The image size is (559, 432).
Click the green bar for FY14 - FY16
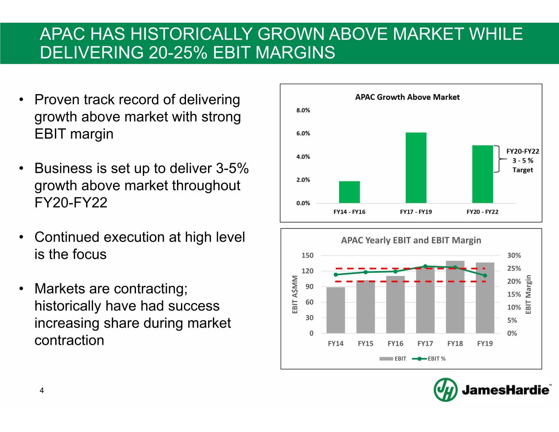pyautogui.click(x=349, y=192)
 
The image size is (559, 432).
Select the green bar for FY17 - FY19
pyautogui.click(x=416, y=168)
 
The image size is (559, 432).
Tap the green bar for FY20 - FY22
pyautogui.click(x=482, y=174)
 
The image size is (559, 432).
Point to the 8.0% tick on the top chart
pyautogui.click(x=303, y=110)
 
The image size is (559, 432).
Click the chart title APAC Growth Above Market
pyautogui.click(x=407, y=97)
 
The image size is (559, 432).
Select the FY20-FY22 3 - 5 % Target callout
pyautogui.click(x=523, y=161)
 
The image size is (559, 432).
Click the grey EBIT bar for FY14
pyautogui.click(x=335, y=310)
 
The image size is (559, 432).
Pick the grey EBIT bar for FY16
pyautogui.click(x=395, y=305)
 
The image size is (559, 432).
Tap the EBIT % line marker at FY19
pyautogui.click(x=485, y=276)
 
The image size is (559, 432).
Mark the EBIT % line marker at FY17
pyautogui.click(x=425, y=267)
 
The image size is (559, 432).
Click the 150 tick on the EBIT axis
pyautogui.click(x=307, y=256)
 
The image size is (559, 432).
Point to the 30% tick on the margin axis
pyautogui.click(x=514, y=256)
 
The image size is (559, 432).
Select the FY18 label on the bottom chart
pyautogui.click(x=455, y=344)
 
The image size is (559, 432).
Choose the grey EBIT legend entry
pyautogui.click(x=393, y=359)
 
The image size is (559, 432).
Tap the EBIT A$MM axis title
pyautogui.click(x=295, y=294)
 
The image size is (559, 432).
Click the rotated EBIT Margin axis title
pyautogui.click(x=528, y=294)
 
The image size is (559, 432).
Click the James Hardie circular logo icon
pyautogui.click(x=446, y=389)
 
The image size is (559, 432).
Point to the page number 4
pyautogui.click(x=42, y=391)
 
